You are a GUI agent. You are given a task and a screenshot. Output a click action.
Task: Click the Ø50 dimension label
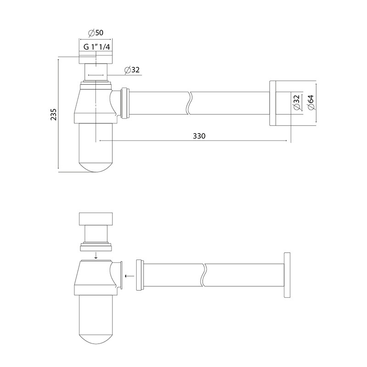coord(96,33)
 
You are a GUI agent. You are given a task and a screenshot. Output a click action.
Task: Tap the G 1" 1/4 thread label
coord(97,47)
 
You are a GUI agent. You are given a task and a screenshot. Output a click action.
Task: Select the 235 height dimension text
coord(54,114)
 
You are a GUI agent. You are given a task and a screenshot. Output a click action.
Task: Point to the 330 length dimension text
coord(199,136)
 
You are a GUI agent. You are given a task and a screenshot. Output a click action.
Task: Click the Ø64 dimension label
coord(311,102)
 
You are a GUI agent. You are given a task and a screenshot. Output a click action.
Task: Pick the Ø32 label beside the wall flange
coord(297,102)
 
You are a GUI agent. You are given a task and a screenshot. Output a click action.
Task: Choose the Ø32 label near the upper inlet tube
coord(132,70)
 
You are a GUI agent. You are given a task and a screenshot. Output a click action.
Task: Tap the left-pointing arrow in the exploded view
coord(129,276)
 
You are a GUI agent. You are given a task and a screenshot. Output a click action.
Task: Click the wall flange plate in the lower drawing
coord(287,275)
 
